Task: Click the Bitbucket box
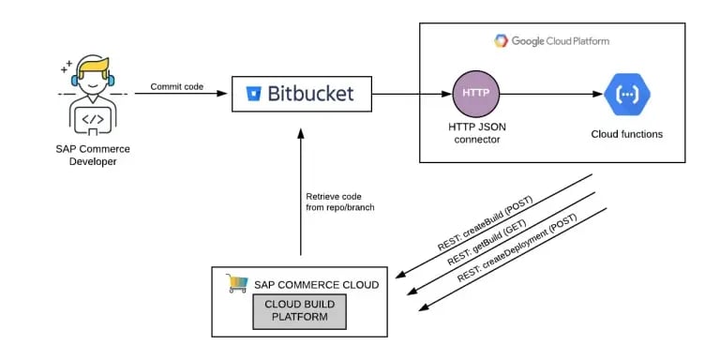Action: [x=300, y=94]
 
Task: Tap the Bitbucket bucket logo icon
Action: [x=252, y=94]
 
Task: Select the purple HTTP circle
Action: [x=476, y=94]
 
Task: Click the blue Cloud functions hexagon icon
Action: [x=625, y=94]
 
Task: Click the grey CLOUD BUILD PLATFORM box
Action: [x=299, y=311]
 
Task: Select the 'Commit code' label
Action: [x=176, y=86]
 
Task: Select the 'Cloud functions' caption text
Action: [x=626, y=134]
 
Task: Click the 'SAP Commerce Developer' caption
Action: [x=92, y=156]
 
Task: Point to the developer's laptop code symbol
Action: [x=92, y=120]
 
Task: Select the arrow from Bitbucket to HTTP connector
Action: [x=411, y=94]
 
